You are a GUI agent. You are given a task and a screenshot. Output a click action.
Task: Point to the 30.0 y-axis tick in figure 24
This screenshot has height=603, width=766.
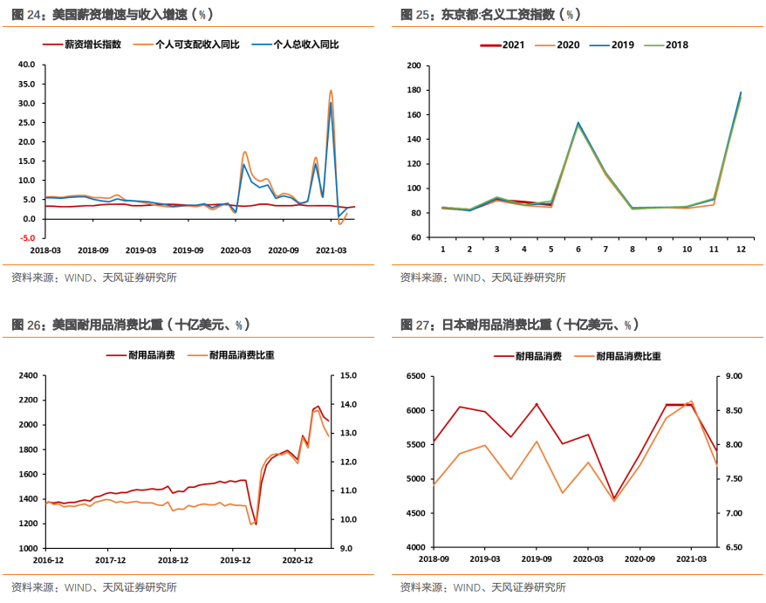point(25,103)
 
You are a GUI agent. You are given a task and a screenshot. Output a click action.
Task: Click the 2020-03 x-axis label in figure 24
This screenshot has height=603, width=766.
point(236,250)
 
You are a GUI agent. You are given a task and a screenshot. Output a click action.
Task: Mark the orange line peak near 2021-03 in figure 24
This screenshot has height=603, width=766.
point(331,91)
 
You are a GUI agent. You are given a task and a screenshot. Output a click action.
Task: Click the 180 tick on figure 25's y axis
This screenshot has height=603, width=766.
point(414,91)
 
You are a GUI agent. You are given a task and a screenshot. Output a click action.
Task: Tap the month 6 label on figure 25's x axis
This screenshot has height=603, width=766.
point(578,250)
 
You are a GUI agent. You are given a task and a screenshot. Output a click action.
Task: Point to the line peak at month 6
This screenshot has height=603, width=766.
point(578,123)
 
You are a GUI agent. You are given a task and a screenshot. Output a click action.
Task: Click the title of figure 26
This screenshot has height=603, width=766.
point(131,325)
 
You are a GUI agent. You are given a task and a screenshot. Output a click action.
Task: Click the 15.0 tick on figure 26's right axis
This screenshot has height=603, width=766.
point(348,375)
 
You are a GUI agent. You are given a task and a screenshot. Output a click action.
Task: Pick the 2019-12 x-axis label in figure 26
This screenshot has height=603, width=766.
point(236,560)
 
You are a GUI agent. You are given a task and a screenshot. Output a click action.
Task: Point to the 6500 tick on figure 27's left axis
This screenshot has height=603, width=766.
point(414,376)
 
